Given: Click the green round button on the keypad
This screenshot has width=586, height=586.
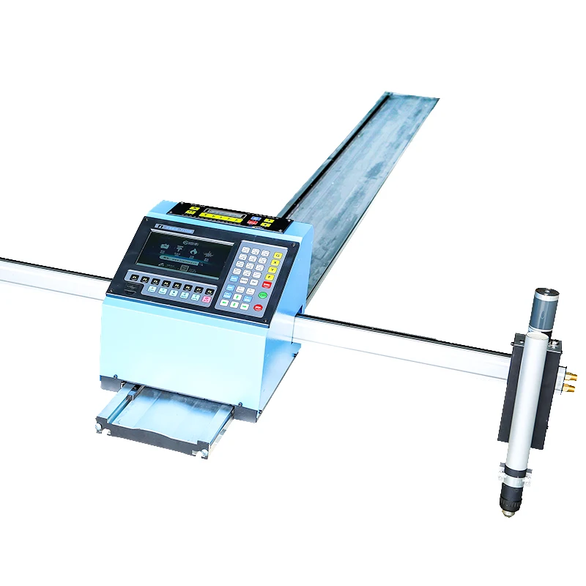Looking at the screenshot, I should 262,295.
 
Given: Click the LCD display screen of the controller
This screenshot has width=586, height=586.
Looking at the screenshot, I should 191,256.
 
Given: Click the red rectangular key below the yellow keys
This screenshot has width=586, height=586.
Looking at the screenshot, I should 267,284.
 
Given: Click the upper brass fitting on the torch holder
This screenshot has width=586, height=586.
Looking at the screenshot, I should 571,374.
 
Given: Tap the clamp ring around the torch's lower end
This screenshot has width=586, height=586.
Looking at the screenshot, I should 514,472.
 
